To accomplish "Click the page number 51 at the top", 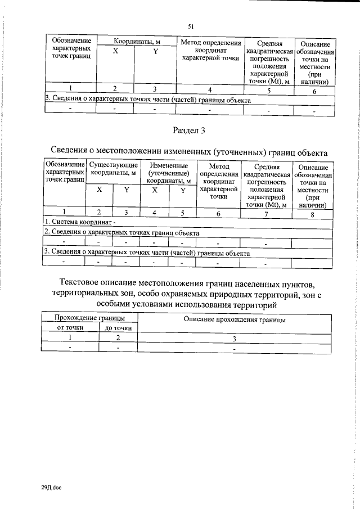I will [x=191, y=25].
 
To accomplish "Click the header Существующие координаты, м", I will [x=114, y=169].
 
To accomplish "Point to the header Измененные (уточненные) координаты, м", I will [x=168, y=173].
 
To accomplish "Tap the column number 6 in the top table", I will [x=314, y=91].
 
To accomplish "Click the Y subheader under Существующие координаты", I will [x=127, y=190].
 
